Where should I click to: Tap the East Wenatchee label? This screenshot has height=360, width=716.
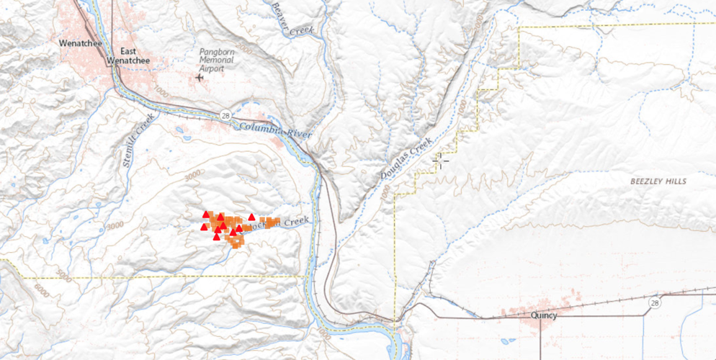[127, 56]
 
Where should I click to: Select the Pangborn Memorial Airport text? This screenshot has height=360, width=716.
[218, 61]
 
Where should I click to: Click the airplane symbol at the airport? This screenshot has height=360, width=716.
[200, 77]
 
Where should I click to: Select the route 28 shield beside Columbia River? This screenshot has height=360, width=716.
[225, 115]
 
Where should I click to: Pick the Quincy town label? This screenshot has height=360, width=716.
[543, 315]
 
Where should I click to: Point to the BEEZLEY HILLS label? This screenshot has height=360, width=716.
[657, 181]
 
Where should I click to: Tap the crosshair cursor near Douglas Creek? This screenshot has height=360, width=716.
[440, 160]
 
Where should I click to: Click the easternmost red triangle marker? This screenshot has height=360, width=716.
[251, 217]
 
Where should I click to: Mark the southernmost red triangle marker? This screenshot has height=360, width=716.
[216, 236]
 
